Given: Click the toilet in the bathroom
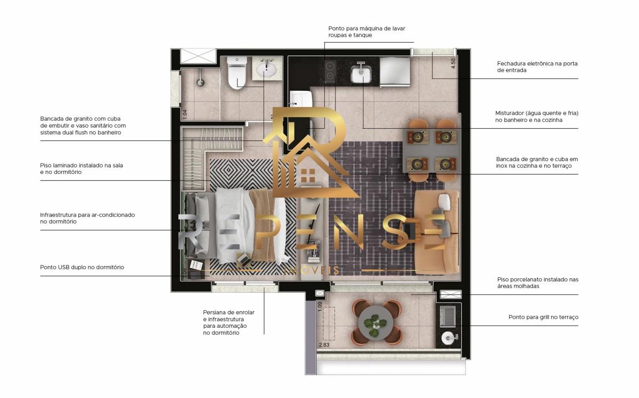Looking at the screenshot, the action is point(237,73).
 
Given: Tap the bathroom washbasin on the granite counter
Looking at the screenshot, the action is point(266,69).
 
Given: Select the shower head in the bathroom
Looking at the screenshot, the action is point(201,82).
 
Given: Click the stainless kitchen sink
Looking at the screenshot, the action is point(361,73).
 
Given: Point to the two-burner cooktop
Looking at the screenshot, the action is point(330,71).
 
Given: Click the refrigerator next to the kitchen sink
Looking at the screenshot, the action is point(395,71).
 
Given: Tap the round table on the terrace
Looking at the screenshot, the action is point(376,322).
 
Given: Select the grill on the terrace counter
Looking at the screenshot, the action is point(448,316).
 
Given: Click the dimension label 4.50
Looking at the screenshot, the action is point(453,63).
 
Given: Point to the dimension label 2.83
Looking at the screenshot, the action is point(324,345).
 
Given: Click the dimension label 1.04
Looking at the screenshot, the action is point(185,114).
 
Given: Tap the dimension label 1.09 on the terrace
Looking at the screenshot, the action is point(320,306).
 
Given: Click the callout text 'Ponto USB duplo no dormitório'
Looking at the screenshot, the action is point(82,267).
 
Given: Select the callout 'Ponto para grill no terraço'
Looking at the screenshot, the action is point(544,317).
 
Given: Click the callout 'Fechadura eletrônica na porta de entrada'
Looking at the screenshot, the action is point(537,67).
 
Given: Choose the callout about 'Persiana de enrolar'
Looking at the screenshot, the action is point(229,322).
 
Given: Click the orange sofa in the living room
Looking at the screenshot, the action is point(437,233).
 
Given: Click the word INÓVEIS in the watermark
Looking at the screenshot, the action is point(312,270).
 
